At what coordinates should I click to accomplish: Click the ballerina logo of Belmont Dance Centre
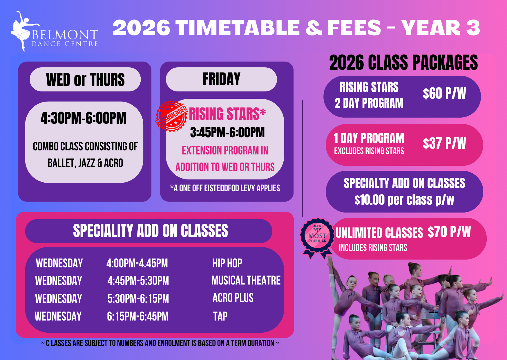(23, 31)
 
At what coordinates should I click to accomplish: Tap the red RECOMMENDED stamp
(171, 116)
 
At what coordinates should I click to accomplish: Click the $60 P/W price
(444, 93)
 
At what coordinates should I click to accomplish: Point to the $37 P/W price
(444, 143)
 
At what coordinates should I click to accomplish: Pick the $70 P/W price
(449, 232)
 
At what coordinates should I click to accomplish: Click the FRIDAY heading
(221, 79)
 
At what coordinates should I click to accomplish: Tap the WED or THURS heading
(85, 80)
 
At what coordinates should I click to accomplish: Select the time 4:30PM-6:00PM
(84, 118)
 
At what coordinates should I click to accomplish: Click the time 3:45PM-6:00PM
(227, 132)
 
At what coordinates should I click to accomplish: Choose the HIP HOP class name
(227, 263)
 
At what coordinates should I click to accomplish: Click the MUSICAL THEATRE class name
(246, 280)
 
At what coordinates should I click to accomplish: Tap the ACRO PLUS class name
(233, 298)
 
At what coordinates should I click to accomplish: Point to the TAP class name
(220, 316)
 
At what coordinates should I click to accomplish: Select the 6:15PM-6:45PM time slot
(138, 316)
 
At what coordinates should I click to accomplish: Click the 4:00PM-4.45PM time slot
(137, 263)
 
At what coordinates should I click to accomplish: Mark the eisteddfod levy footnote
(225, 188)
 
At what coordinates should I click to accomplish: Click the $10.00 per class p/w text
(404, 200)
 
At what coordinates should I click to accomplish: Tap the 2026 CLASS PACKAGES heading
(403, 62)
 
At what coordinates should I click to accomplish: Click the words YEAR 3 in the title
(441, 28)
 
